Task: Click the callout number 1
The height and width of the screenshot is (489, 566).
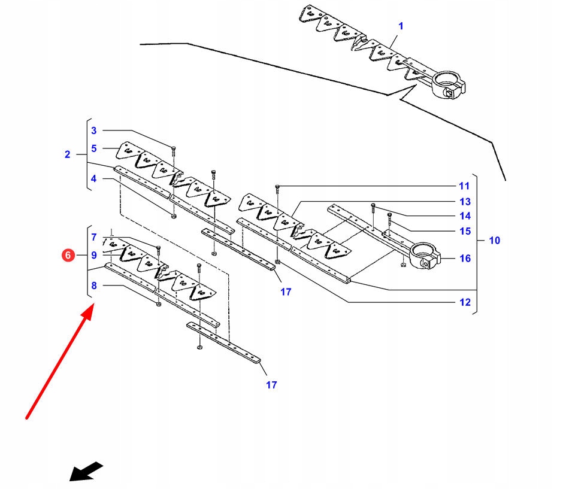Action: (x=401, y=26)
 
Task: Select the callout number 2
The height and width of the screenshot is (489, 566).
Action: (x=68, y=154)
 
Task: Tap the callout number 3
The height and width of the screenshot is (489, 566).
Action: (x=93, y=130)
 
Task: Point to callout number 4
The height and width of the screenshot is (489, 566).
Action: (x=93, y=178)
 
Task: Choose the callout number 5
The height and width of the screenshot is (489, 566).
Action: (x=93, y=148)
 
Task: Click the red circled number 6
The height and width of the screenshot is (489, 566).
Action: (x=68, y=256)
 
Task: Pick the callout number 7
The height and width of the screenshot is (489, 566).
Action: (x=93, y=238)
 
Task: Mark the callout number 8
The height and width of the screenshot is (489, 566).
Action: (x=93, y=286)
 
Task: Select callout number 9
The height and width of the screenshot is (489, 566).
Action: (x=93, y=256)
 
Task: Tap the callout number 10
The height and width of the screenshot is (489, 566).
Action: (x=494, y=241)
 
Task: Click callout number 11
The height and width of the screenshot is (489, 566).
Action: (x=465, y=186)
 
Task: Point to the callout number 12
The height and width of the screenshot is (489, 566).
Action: (x=465, y=302)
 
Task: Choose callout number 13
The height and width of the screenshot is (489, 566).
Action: (x=465, y=202)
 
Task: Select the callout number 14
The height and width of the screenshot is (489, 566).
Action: (x=465, y=216)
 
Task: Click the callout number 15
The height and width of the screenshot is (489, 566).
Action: (x=465, y=231)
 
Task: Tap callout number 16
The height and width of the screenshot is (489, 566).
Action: (x=465, y=259)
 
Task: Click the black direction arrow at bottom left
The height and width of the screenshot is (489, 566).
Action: (x=86, y=471)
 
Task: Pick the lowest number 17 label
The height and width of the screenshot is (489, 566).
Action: (x=271, y=385)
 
